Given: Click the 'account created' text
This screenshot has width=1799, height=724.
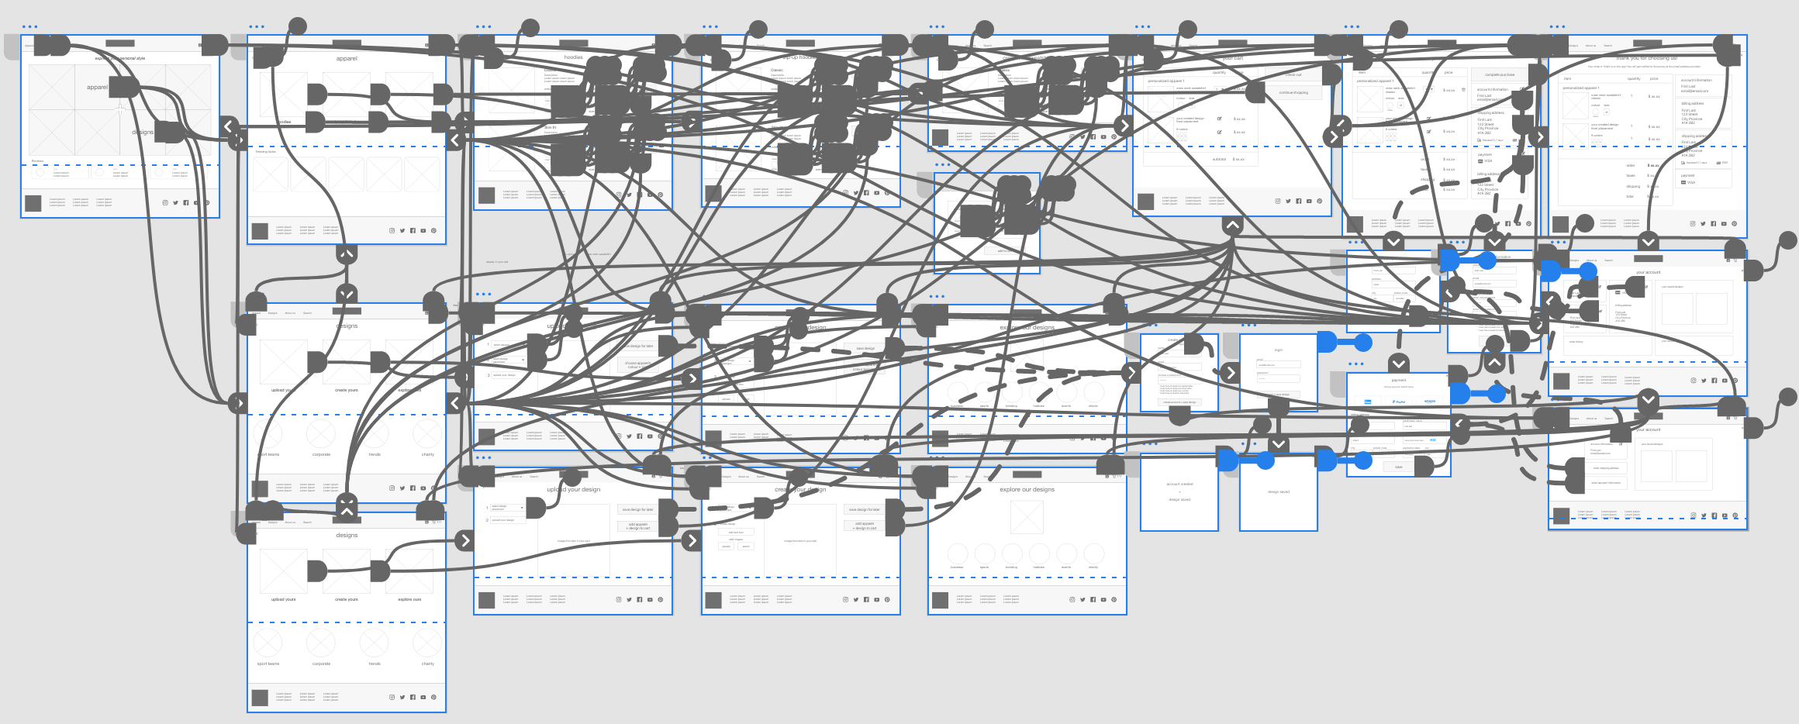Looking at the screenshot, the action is tap(1179, 484).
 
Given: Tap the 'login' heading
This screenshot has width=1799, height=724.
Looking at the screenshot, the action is tap(1278, 350).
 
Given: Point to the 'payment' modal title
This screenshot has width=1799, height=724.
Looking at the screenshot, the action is tap(1398, 381).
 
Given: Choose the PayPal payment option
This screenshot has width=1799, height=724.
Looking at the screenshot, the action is tap(1399, 402).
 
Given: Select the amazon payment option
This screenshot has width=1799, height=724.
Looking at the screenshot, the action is tap(1429, 402).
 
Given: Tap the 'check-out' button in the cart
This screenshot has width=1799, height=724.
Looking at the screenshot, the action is tap(1293, 75).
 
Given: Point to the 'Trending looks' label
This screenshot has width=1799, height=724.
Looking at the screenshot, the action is tap(265, 152).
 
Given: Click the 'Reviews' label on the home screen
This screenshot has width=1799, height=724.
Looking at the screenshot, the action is tap(37, 161).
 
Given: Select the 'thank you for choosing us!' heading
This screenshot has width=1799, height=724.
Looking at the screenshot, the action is tap(1647, 58).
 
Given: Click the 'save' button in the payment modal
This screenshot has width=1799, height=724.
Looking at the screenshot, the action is tap(1398, 467).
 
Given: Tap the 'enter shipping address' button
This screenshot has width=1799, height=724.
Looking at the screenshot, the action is tap(1606, 468).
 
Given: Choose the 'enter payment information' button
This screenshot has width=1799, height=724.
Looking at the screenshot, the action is tap(1606, 483).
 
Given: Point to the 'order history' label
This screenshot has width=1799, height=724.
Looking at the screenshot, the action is tap(1576, 341).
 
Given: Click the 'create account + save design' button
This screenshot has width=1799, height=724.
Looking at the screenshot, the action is tap(1179, 402).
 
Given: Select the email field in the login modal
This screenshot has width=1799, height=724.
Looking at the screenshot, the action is tap(1278, 364).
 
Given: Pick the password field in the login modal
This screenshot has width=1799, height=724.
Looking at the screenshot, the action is tap(1278, 378).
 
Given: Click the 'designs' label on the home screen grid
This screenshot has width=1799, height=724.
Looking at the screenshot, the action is tap(143, 133).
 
